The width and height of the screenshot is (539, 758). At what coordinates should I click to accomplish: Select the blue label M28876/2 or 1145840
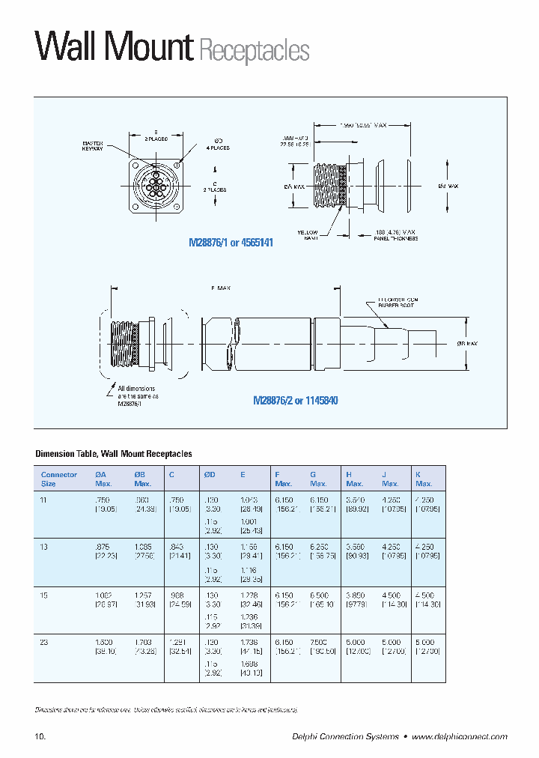(x=296, y=401)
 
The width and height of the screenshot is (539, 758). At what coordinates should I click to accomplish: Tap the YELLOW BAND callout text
(x=307, y=235)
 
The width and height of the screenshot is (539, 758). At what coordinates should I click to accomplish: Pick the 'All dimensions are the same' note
(x=136, y=395)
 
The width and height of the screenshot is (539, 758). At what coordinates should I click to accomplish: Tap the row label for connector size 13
(x=44, y=548)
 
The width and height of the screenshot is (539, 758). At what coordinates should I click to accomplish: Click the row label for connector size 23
(x=44, y=642)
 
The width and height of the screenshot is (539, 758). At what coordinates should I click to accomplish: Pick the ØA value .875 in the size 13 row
(x=103, y=548)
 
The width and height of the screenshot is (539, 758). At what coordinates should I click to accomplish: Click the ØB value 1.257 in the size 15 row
(x=142, y=595)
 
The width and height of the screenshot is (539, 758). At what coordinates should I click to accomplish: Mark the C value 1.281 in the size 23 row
(x=177, y=642)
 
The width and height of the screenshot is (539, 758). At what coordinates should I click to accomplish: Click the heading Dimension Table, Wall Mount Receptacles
(x=114, y=454)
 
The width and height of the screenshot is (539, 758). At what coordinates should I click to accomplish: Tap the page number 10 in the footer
(x=40, y=737)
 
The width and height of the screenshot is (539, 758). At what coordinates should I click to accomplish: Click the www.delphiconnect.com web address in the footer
(x=459, y=737)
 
